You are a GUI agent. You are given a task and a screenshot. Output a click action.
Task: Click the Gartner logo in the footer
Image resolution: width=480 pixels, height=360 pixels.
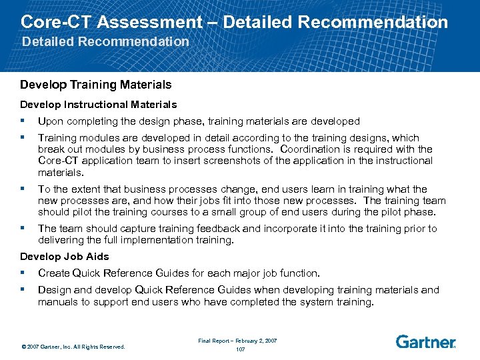point(425,342)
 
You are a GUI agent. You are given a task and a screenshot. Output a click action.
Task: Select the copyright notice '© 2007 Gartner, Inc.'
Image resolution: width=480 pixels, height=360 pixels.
point(73,347)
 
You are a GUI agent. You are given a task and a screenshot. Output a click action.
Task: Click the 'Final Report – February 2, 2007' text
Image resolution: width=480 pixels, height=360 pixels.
point(237,341)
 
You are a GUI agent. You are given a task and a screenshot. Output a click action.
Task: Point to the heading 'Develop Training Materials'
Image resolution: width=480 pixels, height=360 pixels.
point(95,85)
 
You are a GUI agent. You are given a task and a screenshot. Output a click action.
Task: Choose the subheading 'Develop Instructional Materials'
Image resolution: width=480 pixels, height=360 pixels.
point(98,104)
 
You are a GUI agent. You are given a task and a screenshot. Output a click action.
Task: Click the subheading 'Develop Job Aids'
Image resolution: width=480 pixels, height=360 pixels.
point(64,256)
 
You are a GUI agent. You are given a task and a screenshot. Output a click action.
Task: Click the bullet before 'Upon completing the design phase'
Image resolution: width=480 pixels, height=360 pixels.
point(23,121)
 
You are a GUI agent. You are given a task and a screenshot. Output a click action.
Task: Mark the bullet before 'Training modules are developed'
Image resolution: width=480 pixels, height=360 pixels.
point(23,137)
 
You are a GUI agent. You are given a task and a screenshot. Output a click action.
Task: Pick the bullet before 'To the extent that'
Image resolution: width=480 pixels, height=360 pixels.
point(23,189)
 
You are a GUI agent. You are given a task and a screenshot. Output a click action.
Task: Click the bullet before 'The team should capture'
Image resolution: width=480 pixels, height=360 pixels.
point(23,228)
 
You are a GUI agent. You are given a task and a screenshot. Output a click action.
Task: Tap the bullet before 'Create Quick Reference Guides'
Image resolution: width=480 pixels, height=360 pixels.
point(23,273)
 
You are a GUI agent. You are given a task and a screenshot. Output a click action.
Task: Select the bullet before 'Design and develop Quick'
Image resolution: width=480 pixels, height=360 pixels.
point(23,289)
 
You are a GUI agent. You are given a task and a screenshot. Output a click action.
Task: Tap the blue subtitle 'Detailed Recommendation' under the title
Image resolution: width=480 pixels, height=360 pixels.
point(105,41)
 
